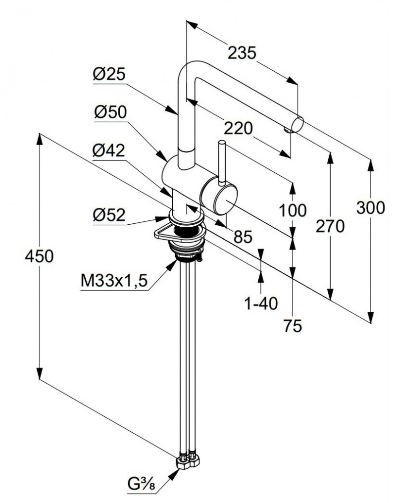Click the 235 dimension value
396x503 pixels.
(242, 52)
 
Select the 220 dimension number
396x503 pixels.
(238, 128)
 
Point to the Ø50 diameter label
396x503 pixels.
(110, 112)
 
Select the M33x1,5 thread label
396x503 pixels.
(114, 281)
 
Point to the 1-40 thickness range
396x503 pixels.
(261, 303)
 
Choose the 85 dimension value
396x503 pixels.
(243, 237)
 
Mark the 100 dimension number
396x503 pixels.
(293, 210)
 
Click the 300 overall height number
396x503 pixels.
(370, 208)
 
